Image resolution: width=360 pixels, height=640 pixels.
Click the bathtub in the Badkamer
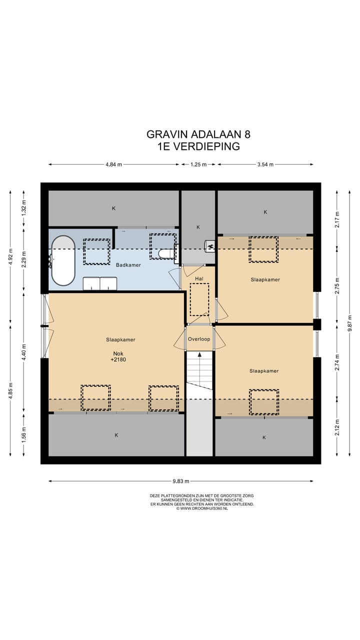pos(63,260)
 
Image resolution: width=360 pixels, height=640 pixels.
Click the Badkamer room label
pos(128,265)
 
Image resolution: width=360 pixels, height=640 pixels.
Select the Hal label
pos(199,278)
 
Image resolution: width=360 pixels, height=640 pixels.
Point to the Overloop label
pos(199,339)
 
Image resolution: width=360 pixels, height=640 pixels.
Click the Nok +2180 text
pos(118,356)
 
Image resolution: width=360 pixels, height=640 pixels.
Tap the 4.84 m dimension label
pos(113,164)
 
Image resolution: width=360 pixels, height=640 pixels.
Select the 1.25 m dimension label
pos(198,164)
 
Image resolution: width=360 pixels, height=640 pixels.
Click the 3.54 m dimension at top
pos(265,164)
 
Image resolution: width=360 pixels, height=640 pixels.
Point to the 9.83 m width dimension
pos(181,481)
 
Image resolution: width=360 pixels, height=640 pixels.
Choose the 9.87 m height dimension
pos(350,323)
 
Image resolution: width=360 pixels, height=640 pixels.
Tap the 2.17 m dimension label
pos(337,219)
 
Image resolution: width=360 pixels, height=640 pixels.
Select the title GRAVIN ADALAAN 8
pos(198,134)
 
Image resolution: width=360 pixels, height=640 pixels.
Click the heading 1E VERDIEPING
pos(198,146)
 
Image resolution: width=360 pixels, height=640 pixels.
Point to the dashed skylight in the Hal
pos(199,299)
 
